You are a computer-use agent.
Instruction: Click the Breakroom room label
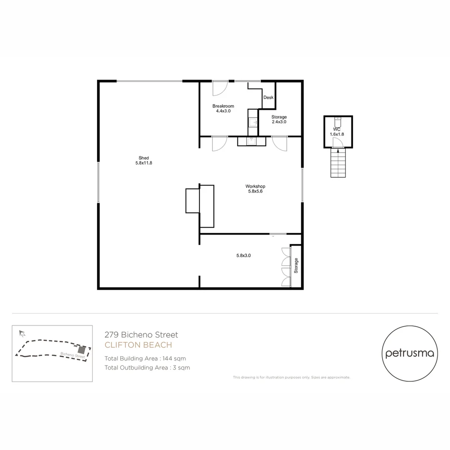(x=221, y=106)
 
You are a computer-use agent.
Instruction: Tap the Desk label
(x=268, y=97)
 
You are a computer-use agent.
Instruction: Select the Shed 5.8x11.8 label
(x=144, y=160)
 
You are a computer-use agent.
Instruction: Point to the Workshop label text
(x=255, y=187)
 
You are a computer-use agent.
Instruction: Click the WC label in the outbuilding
(x=338, y=130)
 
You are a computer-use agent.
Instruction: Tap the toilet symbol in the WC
(x=338, y=122)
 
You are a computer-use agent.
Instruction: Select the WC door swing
(x=338, y=143)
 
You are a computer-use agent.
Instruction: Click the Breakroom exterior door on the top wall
(x=219, y=87)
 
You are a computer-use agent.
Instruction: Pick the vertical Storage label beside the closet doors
(x=296, y=265)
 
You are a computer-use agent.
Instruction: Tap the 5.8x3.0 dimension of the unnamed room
(x=243, y=255)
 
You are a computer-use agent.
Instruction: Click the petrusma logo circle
(x=410, y=354)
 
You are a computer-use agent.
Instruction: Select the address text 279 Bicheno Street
(x=141, y=335)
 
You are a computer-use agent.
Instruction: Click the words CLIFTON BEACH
(x=138, y=345)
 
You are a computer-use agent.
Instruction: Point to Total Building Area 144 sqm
(x=145, y=358)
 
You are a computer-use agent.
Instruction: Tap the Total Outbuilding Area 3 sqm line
(x=147, y=367)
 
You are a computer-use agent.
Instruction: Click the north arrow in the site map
(x=22, y=333)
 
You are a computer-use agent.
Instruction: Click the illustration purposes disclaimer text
(x=291, y=377)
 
